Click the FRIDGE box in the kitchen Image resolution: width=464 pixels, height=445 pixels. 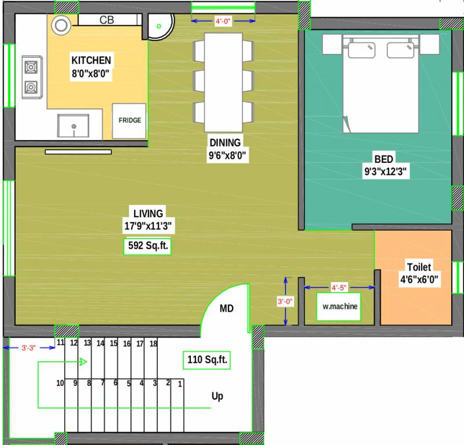click(129, 121)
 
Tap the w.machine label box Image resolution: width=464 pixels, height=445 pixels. click(340, 307)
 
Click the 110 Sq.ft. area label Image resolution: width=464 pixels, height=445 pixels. click(207, 360)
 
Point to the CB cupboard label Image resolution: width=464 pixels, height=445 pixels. click(107, 20)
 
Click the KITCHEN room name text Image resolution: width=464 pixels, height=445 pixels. click(91, 60)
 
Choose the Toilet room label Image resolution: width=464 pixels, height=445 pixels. click(418, 267)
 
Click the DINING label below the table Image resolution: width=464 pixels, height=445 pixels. click(225, 143)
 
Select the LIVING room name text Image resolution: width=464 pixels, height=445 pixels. click(148, 213)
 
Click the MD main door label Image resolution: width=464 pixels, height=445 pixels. click(226, 309)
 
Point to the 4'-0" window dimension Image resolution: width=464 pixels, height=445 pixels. click(223, 21)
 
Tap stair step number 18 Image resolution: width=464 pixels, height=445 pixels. click(153, 344)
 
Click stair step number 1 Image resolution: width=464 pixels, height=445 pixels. click(180, 384)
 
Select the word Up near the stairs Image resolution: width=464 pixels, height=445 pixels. click(217, 397)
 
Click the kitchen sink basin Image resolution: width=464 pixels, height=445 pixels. click(73, 126)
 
